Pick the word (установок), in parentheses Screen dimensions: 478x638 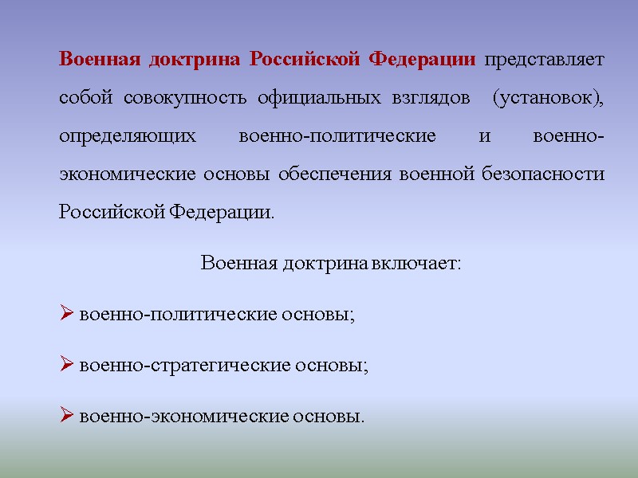(548, 98)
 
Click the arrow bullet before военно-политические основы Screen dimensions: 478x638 (67, 314)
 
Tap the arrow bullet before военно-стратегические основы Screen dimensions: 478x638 (67, 366)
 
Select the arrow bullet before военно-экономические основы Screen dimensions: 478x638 (67, 417)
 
